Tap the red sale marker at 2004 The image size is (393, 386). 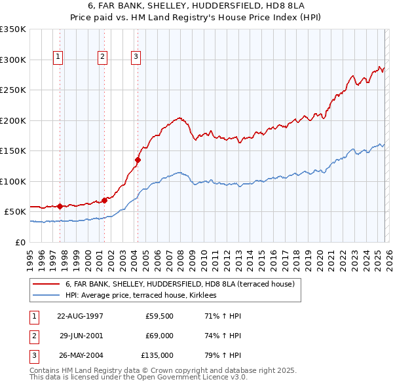138,159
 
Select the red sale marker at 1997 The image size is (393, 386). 60,206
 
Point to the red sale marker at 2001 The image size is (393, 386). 104,200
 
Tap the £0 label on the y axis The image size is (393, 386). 20,242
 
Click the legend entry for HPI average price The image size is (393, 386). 145,296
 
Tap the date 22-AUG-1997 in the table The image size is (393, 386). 80,316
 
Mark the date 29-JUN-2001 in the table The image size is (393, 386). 81,336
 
